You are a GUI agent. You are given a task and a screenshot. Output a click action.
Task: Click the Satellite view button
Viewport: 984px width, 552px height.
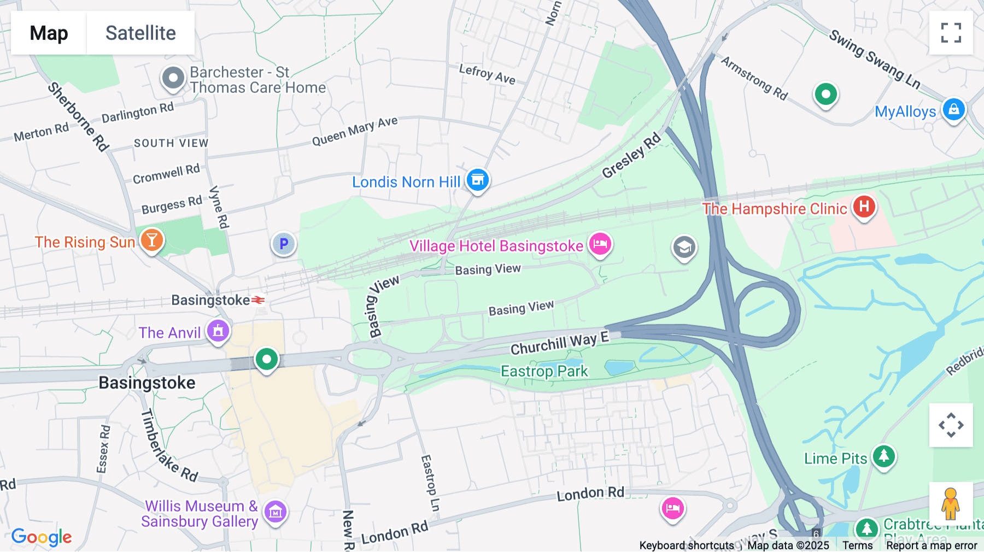coord(140,33)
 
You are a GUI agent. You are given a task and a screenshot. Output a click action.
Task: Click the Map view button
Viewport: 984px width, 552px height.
coord(49,33)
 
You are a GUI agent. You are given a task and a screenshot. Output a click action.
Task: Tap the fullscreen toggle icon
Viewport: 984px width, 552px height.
coord(951,33)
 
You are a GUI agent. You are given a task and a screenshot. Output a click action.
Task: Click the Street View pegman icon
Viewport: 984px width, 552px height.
coord(950,504)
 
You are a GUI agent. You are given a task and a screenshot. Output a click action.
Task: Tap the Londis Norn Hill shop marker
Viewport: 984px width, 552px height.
coord(478,180)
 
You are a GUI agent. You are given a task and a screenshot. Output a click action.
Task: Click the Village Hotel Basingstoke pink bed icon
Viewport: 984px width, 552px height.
coord(600,243)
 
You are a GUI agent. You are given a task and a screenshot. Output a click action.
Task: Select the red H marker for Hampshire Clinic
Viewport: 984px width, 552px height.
coord(864,207)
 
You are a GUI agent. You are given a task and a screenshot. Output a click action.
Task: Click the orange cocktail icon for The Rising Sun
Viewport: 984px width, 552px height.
coord(152,240)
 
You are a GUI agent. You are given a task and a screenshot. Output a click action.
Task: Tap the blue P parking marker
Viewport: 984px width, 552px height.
coord(284,244)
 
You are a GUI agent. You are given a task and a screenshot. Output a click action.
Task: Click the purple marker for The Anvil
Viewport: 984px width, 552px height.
coord(218,331)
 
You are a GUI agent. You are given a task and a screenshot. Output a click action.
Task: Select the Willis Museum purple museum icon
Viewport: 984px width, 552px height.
coord(276,512)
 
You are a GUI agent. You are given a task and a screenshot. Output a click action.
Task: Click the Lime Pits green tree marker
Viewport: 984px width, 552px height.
coord(883,456)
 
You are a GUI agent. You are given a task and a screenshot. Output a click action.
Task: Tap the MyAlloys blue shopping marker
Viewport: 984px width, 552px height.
coord(953,109)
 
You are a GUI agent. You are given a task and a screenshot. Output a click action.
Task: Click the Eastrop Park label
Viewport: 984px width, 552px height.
coord(544,372)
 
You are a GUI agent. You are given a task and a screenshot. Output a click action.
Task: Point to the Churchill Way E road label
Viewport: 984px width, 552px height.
coord(559,343)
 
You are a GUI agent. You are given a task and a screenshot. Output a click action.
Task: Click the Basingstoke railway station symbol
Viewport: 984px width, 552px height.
coord(258,300)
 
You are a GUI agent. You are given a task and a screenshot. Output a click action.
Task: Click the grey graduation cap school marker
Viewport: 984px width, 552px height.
coord(684,248)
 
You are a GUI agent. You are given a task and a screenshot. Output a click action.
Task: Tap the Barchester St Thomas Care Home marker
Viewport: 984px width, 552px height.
coord(173,78)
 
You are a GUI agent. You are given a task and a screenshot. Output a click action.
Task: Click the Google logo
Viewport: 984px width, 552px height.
coord(42,537)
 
